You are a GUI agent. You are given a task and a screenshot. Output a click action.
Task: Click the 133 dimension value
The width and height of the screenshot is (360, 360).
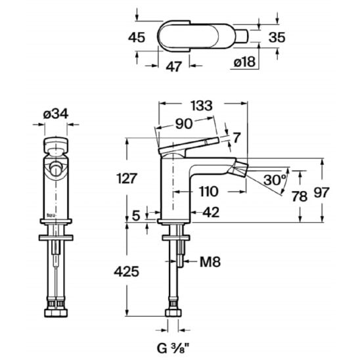coord(202,106)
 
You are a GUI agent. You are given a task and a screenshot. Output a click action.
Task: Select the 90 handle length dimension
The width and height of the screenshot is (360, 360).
coord(184,124)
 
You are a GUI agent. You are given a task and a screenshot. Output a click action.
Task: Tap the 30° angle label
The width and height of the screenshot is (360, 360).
coord(275,180)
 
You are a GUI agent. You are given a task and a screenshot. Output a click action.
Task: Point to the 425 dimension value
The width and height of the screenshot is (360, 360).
coord(127,272)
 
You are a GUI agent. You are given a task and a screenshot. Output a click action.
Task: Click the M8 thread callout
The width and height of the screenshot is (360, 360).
coord(210,261)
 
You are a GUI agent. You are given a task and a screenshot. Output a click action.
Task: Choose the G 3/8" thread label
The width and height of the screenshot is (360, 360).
coord(173,349)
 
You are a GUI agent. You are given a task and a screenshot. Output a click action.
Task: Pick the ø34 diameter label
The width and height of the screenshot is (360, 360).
coord(56,114)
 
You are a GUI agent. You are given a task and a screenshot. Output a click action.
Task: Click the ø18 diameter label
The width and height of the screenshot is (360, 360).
coord(244,62)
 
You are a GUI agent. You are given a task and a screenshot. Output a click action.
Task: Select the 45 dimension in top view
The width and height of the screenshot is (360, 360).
coord(137,37)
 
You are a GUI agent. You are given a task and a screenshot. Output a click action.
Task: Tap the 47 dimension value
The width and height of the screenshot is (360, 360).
coord(174,66)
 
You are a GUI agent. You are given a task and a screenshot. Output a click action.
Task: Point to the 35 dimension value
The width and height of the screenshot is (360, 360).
coord(277,37)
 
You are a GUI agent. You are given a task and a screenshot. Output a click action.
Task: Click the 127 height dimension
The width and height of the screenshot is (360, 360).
coord(127,179)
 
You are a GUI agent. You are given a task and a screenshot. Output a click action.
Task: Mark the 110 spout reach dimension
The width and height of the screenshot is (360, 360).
coord(208,191)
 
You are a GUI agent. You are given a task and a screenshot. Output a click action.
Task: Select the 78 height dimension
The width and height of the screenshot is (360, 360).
coord(299,196)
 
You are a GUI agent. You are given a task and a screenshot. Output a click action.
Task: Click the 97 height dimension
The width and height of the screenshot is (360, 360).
coord(321,192)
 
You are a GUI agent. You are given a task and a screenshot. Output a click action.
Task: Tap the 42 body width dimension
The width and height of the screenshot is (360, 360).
coord(211,212)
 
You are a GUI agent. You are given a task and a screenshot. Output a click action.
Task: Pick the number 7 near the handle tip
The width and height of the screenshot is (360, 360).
coord(236,137)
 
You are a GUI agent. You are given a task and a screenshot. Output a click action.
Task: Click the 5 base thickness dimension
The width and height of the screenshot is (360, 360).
coord(136,216)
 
